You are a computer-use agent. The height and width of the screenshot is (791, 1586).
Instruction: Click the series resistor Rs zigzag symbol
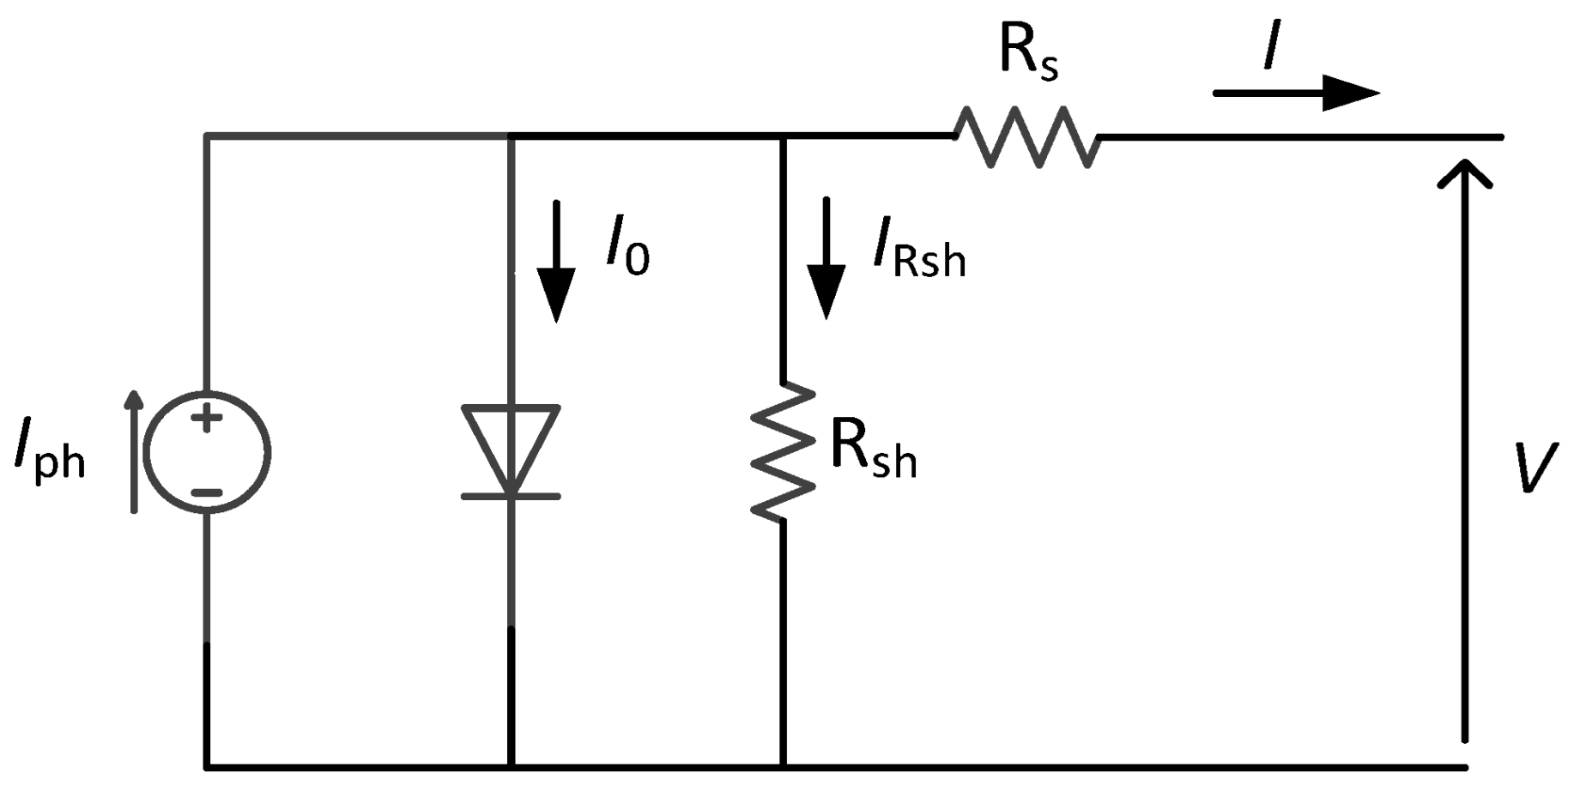tap(1026, 137)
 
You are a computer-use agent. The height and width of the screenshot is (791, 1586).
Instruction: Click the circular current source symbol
tap(207, 452)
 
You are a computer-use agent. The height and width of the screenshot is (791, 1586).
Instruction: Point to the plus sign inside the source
tap(206, 419)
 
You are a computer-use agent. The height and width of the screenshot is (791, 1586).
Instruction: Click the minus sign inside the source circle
tap(206, 492)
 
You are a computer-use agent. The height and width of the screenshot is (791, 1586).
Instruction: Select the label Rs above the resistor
tap(1028, 53)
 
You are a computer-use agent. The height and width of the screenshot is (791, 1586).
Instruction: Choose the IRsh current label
tap(919, 251)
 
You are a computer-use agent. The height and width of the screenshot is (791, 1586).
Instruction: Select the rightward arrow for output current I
tap(1296, 93)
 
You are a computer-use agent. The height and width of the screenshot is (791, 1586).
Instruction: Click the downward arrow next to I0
tap(556, 262)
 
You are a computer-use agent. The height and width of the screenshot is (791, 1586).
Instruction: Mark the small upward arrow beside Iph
tap(134, 452)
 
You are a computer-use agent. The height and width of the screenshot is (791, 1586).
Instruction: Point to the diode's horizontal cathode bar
tap(512, 496)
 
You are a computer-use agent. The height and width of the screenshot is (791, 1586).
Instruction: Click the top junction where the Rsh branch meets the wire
tap(782, 136)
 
